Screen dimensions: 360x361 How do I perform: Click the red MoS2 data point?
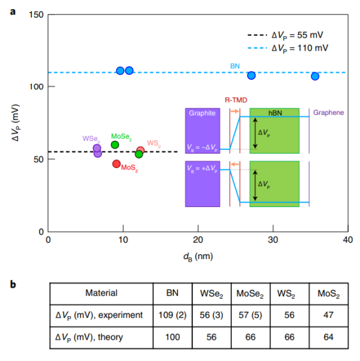(116, 164)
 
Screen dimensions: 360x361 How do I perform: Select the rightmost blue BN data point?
(315, 76)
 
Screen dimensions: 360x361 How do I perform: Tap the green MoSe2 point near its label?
(115, 145)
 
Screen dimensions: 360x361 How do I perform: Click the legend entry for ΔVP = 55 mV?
(285, 35)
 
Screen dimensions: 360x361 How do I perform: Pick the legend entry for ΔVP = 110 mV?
(288, 48)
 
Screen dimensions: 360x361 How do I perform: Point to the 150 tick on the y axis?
(36, 15)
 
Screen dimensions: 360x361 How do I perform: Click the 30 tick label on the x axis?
(273, 240)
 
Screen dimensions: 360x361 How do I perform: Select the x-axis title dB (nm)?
(198, 256)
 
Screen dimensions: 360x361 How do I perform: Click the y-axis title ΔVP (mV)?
(16, 123)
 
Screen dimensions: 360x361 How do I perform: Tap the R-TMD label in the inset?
(236, 100)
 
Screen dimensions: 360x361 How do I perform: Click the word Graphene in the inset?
(328, 112)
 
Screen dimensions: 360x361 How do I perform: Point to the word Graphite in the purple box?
(202, 113)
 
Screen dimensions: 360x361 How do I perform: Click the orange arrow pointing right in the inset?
(235, 112)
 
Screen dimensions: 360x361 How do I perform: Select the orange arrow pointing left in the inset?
(235, 164)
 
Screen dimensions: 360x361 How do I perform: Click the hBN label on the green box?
(275, 113)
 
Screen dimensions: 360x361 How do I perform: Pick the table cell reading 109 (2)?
(172, 315)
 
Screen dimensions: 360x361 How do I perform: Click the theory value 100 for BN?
(172, 337)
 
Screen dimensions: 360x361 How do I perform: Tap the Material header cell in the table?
(101, 293)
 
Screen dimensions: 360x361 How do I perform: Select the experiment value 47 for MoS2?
(328, 315)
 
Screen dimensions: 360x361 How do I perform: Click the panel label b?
(13, 284)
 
